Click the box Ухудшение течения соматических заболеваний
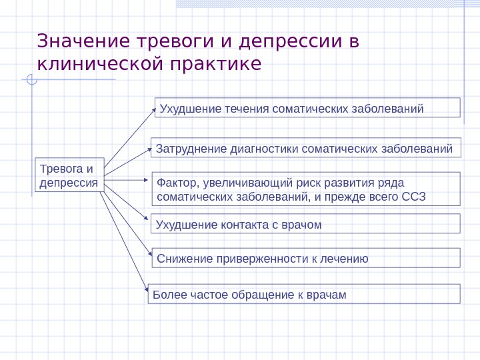pyautogui.click(x=307, y=107)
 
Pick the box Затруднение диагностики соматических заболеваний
pyautogui.click(x=306, y=148)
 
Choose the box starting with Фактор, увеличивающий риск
pyautogui.click(x=306, y=189)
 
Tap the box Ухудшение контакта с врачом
pyautogui.click(x=306, y=224)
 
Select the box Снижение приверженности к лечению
pyautogui.click(x=306, y=258)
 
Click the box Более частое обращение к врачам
pyautogui.click(x=304, y=294)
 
